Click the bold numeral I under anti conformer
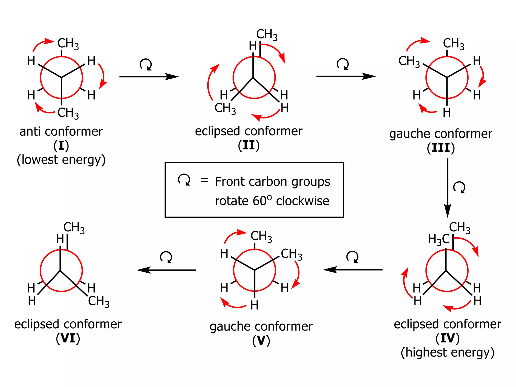click(61, 146)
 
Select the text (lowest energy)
click(61, 160)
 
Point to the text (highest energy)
click(447, 352)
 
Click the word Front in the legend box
click(229, 181)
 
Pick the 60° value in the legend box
click(262, 201)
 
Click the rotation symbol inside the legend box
click(184, 179)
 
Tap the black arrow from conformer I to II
click(149, 76)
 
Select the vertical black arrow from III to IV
click(447, 188)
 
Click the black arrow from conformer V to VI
click(166, 270)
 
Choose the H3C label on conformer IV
click(439, 239)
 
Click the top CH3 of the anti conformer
click(68, 43)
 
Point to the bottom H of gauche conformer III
click(447, 112)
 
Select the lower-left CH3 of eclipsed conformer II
click(225, 108)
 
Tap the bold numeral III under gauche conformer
click(441, 148)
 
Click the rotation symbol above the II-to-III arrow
click(343, 64)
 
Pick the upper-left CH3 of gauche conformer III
click(409, 61)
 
